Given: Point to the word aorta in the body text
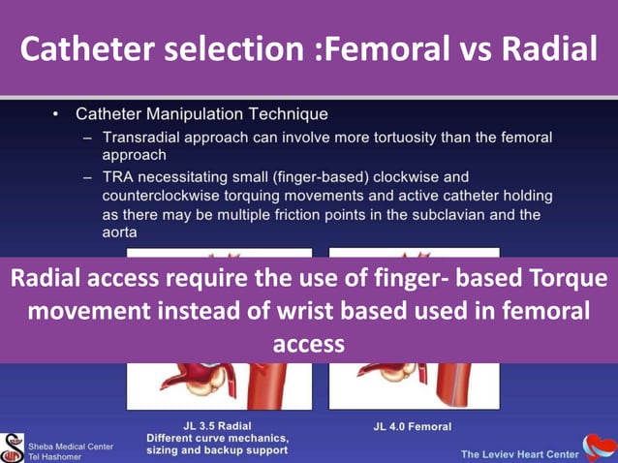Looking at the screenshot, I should point(122,232).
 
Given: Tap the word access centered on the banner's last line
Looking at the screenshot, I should point(309,344).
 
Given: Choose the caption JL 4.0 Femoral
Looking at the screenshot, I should point(412,426).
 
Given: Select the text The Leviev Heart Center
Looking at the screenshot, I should point(519,453).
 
